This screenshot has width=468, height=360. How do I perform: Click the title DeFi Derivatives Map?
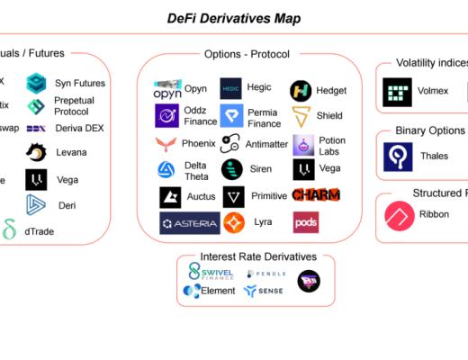234,18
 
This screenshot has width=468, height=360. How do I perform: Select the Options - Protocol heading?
247,54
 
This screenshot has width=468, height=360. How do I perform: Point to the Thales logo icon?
398,157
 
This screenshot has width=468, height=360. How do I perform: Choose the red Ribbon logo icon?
399,216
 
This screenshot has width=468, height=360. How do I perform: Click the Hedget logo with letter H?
301,90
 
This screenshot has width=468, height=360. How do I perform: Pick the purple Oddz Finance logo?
167,115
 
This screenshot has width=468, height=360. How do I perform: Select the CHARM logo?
316,194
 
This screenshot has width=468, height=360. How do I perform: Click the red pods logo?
306,221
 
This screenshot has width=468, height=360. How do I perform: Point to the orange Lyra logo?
235,222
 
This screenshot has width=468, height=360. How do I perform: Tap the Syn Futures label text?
80,84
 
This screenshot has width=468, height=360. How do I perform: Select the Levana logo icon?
37,153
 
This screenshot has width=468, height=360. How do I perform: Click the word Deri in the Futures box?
67,205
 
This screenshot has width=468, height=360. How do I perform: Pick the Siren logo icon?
232,169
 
